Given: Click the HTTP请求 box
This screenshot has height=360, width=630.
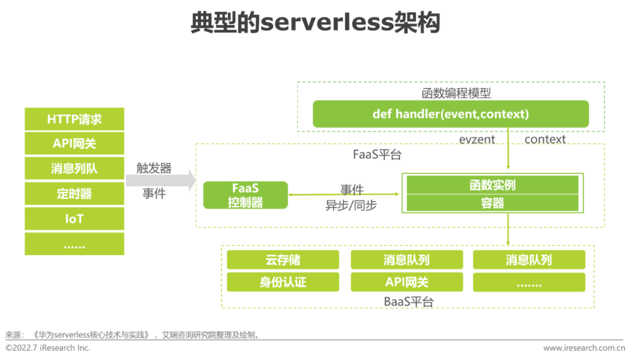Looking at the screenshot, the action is pyautogui.click(x=74, y=119).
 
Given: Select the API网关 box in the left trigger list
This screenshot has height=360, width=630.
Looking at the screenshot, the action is pyautogui.click(x=74, y=144).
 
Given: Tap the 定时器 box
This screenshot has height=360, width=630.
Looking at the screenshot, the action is pyautogui.click(x=74, y=194).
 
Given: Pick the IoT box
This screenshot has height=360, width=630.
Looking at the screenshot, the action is pyautogui.click(x=74, y=219).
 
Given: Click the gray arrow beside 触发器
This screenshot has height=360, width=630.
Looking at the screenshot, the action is pyautogui.click(x=161, y=180).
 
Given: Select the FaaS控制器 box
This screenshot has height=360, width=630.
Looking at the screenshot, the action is pyautogui.click(x=246, y=195).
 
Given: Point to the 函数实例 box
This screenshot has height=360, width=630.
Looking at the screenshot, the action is pyautogui.click(x=492, y=185).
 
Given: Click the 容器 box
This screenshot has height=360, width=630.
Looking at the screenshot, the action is pyautogui.click(x=492, y=203).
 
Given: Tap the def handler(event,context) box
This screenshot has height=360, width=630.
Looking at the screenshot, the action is pyautogui.click(x=451, y=114).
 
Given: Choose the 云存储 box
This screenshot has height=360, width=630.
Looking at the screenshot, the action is pyautogui.click(x=283, y=260).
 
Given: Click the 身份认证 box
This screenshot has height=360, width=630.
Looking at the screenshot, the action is pyautogui.click(x=283, y=282).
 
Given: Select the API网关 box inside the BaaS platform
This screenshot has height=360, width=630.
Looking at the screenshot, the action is pyautogui.click(x=407, y=282).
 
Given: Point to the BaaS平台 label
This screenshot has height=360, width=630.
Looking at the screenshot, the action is pyautogui.click(x=408, y=301).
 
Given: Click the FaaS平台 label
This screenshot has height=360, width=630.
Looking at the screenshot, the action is pyautogui.click(x=377, y=154).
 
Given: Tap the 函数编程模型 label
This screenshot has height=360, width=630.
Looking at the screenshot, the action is pyautogui.click(x=456, y=93).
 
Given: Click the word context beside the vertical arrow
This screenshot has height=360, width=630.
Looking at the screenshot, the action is pyautogui.click(x=545, y=139).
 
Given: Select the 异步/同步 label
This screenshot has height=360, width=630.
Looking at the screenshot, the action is pyautogui.click(x=351, y=205).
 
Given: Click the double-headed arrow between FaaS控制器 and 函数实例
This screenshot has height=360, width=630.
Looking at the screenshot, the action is pyautogui.click(x=344, y=194).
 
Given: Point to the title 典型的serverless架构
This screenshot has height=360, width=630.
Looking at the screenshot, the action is pyautogui.click(x=316, y=22).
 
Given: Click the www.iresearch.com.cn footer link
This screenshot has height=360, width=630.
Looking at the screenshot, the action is pyautogui.click(x=584, y=348).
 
